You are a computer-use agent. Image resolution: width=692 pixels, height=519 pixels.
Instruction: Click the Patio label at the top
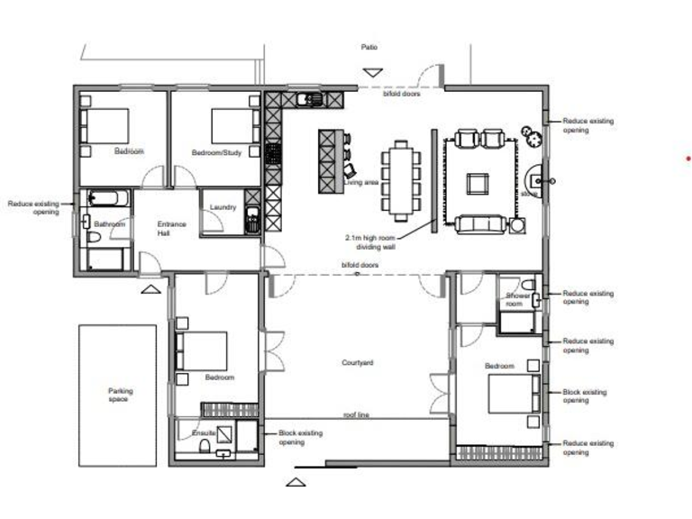coord(369,47)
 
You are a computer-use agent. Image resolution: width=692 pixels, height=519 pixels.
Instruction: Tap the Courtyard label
coord(358,362)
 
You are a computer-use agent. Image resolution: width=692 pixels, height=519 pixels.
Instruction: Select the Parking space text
coord(119,395)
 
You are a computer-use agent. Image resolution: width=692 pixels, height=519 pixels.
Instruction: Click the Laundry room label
coord(223,207)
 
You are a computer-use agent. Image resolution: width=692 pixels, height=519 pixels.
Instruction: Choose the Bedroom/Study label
coord(217,152)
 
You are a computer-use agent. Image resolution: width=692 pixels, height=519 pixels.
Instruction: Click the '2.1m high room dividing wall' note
coord(370,241)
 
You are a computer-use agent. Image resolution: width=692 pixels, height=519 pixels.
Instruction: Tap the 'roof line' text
coord(358,415)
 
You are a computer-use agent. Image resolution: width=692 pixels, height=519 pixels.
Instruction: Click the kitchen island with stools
coord(331,160)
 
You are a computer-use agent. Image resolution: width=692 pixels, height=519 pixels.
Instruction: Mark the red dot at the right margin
coord(688,158)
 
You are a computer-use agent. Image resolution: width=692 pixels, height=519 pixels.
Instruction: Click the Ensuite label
coord(203,433)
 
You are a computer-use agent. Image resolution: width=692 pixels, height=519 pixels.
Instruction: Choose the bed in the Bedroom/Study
coord(226,126)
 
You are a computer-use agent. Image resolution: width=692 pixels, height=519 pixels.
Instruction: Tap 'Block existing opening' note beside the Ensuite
coord(299,437)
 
